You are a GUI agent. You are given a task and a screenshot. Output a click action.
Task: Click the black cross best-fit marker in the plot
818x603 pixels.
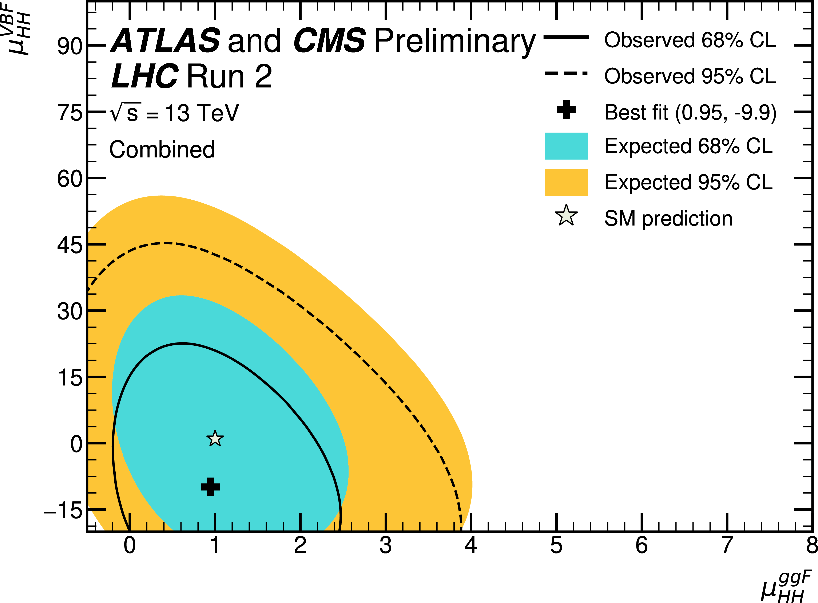[210, 487]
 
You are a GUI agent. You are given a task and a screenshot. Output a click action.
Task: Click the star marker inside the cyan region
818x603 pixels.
[215, 438]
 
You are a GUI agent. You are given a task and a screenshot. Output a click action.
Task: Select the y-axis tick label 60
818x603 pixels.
[70, 179]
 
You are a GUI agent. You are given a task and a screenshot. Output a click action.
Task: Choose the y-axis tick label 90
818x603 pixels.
[70, 46]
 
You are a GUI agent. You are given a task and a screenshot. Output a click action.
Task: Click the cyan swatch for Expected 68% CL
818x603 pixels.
[566, 146]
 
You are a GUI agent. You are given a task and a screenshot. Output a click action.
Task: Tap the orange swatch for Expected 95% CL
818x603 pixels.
[566, 182]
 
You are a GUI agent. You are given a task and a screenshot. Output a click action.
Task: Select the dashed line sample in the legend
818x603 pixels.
[566, 73]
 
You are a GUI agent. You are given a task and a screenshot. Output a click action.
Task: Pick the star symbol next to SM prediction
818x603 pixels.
[566, 216]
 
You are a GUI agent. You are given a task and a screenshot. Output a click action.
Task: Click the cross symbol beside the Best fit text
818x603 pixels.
[566, 110]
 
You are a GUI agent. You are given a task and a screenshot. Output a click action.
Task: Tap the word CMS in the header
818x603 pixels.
[329, 40]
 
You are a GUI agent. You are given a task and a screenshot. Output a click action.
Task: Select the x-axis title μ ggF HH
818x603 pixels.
[786, 587]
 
